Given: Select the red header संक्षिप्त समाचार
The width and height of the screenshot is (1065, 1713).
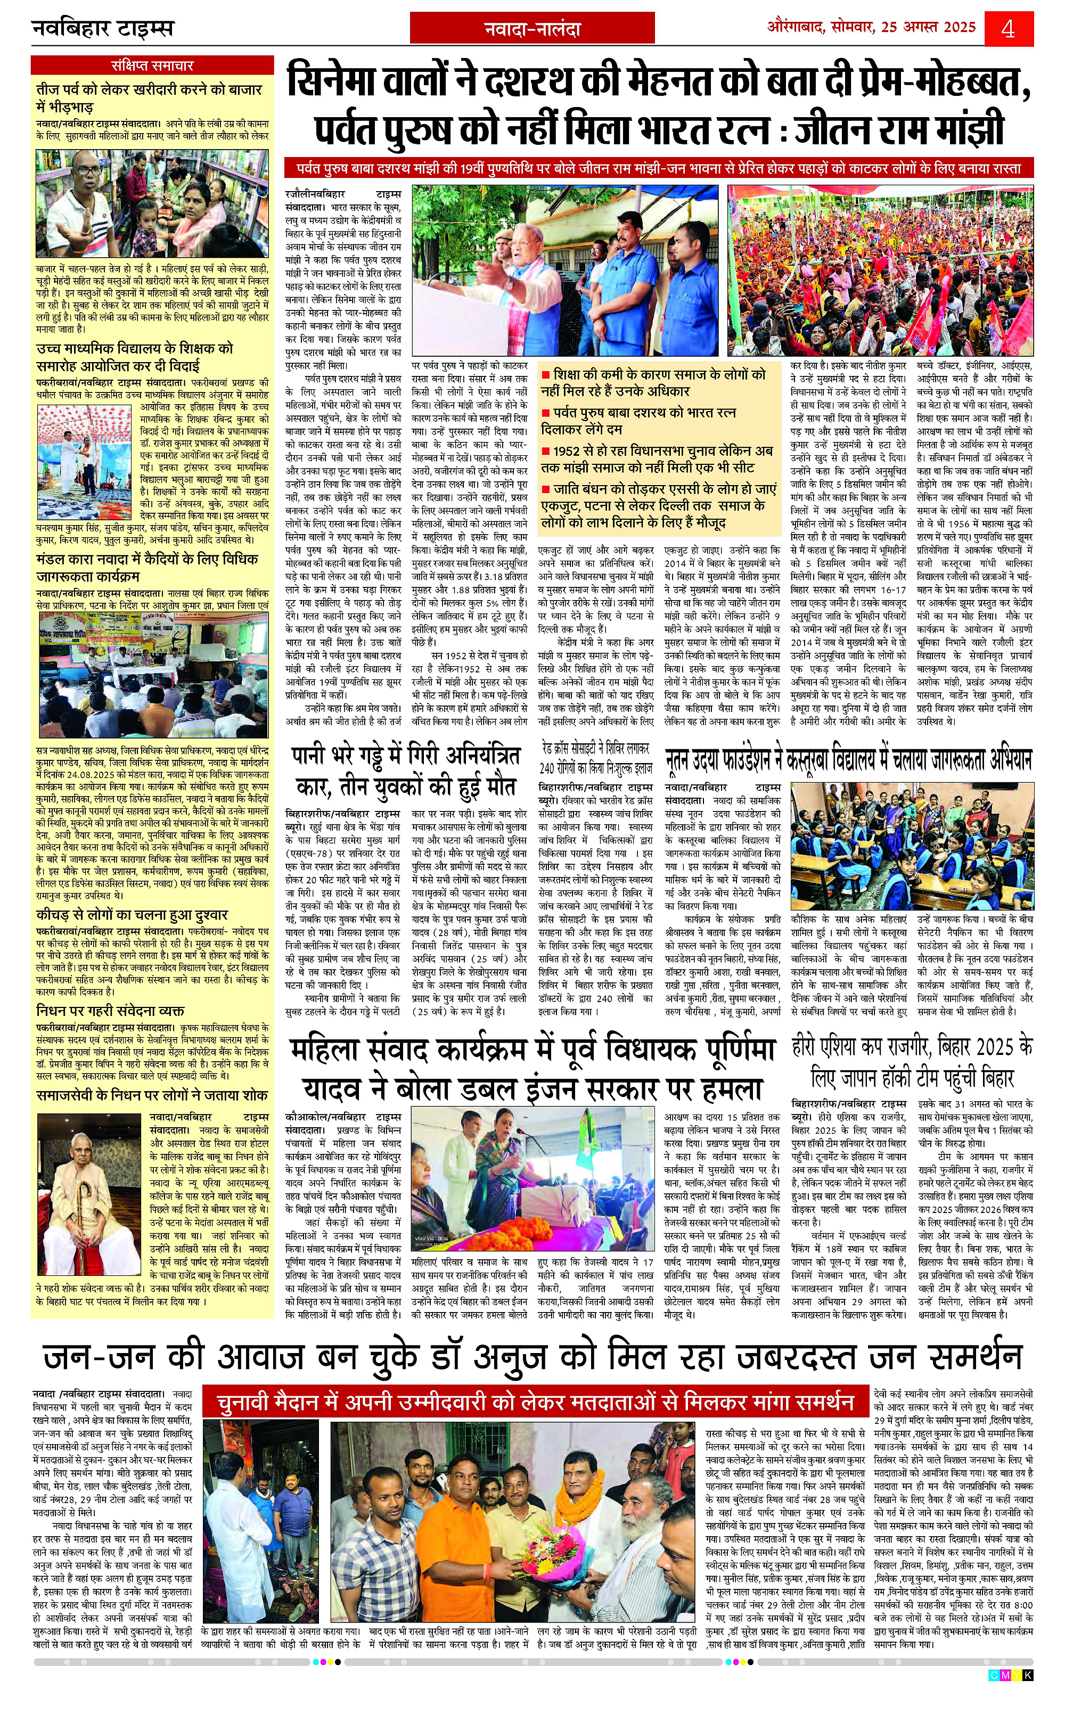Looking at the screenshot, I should (x=152, y=65).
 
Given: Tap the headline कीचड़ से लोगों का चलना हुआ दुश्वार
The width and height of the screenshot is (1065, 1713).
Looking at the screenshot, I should (x=133, y=915).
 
